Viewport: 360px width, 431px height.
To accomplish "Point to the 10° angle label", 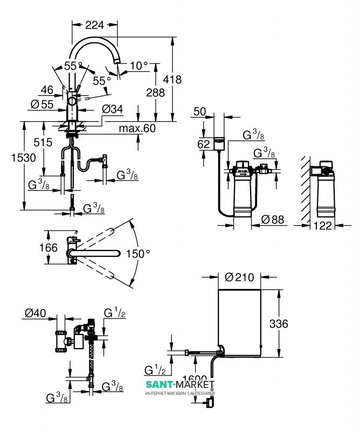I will tap(139, 66).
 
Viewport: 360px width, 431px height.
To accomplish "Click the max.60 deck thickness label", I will tap(137, 128).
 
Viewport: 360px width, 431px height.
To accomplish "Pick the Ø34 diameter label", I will tap(113, 109).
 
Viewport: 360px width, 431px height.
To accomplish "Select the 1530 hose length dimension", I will tap(11, 158).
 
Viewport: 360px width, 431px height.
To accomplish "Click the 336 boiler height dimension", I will tap(279, 324).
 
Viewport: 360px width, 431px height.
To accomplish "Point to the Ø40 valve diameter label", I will tap(35, 312).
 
